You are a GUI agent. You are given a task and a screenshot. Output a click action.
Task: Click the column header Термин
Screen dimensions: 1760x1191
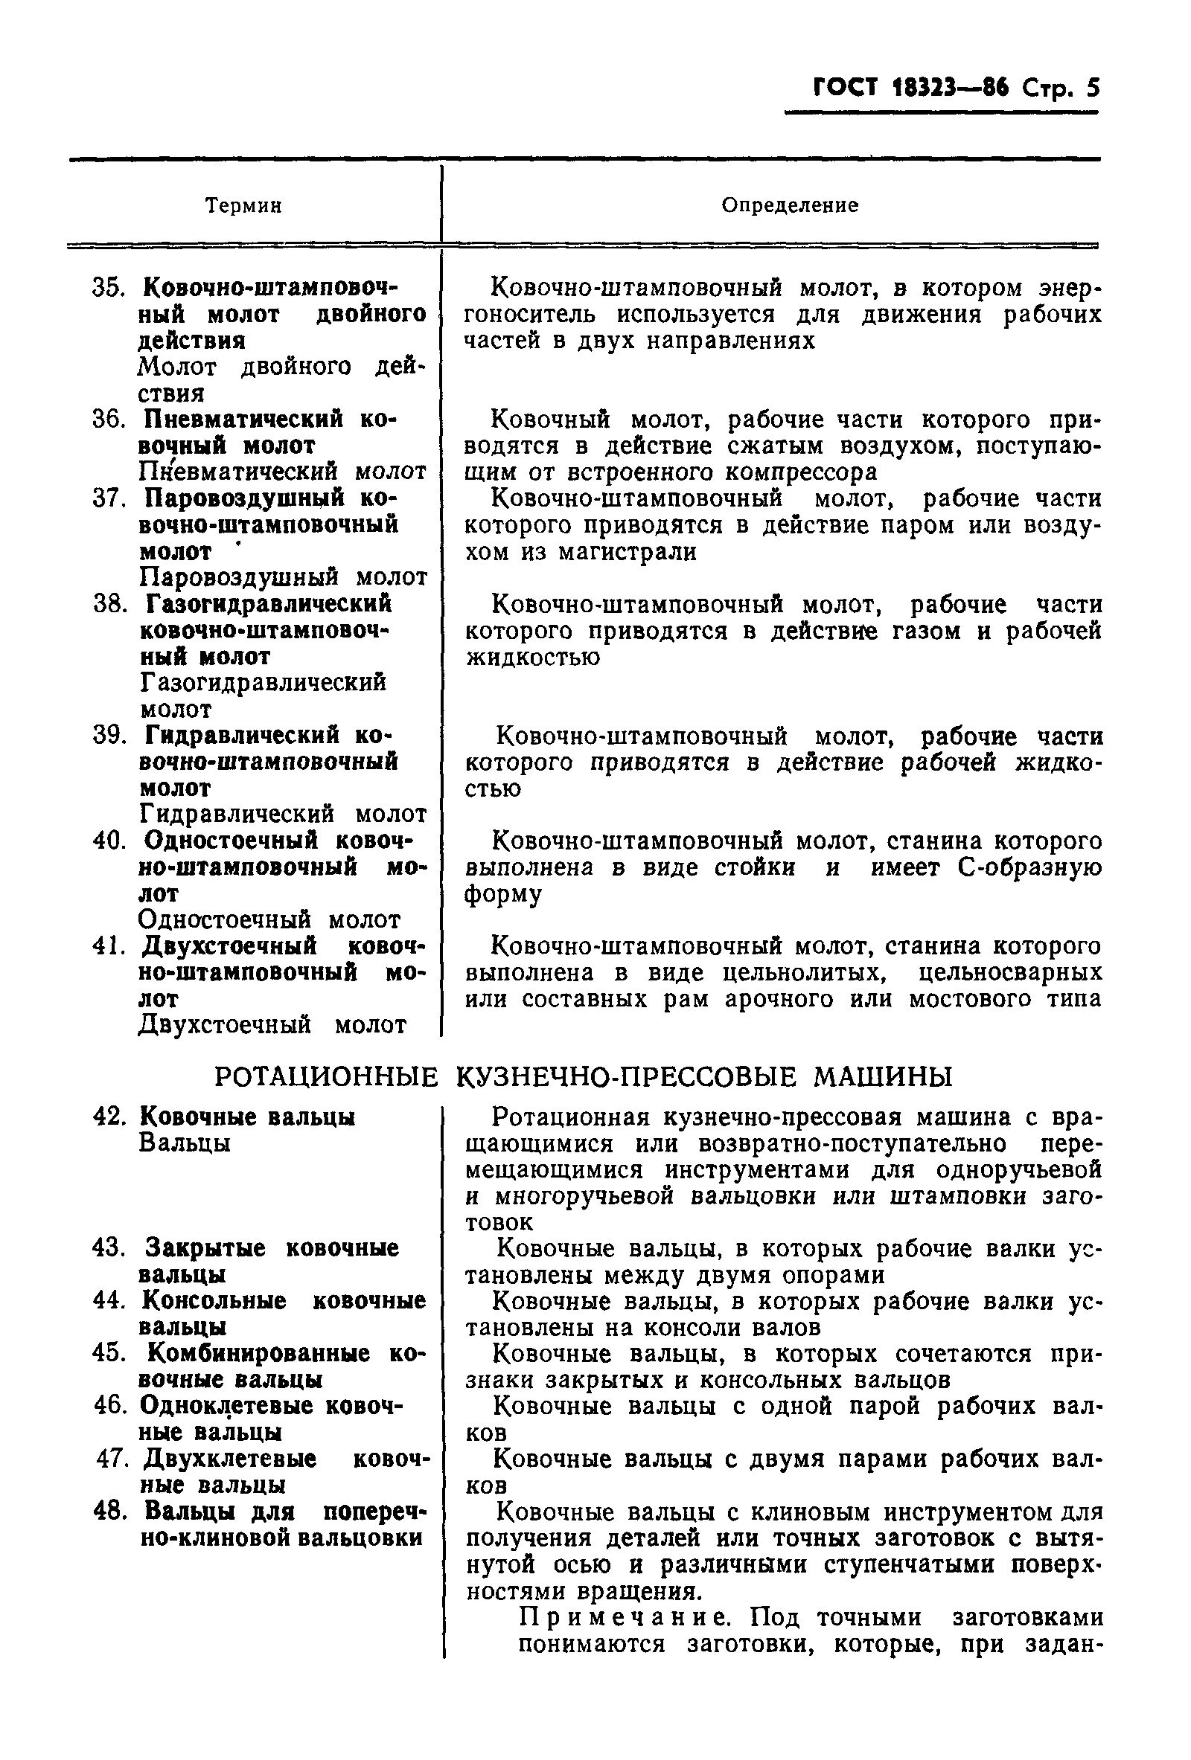(243, 206)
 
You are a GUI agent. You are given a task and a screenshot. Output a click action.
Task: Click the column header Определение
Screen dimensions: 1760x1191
(790, 205)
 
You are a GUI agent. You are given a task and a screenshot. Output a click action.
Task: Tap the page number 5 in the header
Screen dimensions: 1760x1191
(1092, 89)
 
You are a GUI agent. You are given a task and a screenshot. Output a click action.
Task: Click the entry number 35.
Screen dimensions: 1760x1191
(108, 288)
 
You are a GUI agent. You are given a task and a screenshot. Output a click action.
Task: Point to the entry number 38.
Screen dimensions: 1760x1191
(109, 604)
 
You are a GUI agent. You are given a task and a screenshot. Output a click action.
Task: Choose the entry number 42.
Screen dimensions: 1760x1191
(109, 1117)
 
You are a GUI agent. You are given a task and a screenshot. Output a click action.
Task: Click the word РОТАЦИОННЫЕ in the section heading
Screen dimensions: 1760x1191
(327, 1076)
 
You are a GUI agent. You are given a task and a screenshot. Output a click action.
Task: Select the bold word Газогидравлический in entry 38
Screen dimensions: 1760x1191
(268, 604)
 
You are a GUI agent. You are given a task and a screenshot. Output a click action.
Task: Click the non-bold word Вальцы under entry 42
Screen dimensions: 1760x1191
(185, 1143)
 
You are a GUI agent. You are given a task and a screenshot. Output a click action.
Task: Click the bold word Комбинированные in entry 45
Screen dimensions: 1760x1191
(258, 1353)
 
